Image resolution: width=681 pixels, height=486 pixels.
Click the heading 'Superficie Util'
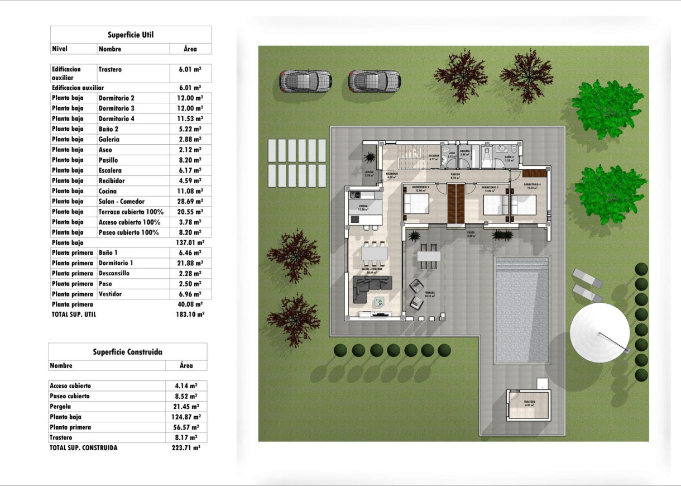[131, 35]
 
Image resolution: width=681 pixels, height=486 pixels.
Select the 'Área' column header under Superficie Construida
[186, 365]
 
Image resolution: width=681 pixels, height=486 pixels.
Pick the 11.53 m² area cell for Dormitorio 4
[190, 118]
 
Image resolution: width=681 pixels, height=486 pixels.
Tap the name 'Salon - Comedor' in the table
[121, 201]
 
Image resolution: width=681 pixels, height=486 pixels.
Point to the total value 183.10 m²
[190, 315]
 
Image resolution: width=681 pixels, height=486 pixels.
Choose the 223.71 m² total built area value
[186, 447]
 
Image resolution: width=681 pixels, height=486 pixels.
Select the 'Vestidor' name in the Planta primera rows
[110, 294]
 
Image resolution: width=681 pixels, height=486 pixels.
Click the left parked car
[305, 82]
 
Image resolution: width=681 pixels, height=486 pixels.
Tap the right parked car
[374, 82]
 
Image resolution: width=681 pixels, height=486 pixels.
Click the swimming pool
[522, 310]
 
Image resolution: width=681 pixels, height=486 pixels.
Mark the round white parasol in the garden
[600, 333]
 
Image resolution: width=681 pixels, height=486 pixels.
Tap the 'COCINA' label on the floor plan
[364, 206]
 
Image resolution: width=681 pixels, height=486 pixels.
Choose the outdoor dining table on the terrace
[429, 256]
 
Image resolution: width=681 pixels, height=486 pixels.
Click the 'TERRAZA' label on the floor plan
[429, 293]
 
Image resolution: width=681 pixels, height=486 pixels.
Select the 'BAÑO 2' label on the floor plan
[508, 158]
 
